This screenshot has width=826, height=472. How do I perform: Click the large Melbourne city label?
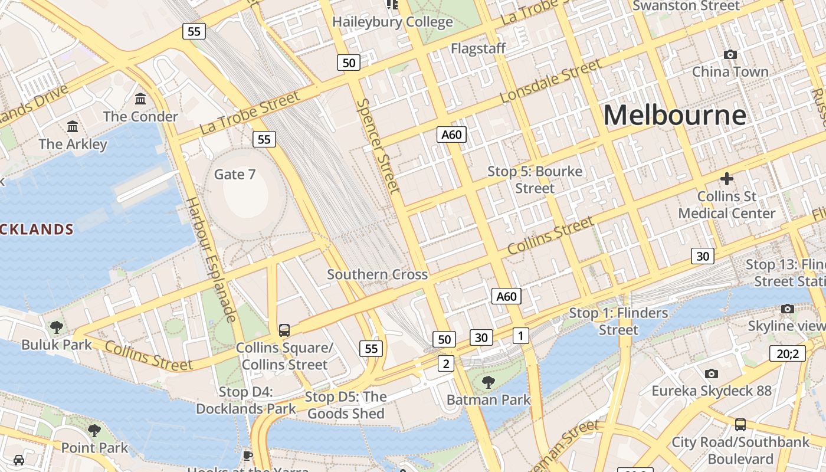(674, 114)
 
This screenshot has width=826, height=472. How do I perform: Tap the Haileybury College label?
(392, 22)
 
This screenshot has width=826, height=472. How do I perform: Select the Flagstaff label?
(478, 48)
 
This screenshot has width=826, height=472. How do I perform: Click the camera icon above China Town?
(730, 55)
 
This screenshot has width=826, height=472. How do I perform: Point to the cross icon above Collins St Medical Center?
(727, 178)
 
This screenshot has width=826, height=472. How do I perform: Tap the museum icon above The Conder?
(140, 99)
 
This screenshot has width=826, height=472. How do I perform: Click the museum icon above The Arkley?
(73, 126)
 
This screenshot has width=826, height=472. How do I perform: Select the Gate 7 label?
(235, 174)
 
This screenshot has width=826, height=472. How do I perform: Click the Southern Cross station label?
(378, 274)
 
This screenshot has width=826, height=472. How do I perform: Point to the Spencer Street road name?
(379, 145)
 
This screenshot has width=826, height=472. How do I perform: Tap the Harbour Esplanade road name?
(211, 260)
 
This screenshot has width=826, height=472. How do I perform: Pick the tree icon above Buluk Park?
(57, 327)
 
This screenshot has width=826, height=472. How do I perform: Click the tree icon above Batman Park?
(488, 382)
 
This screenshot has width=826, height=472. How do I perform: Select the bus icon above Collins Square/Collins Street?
(284, 330)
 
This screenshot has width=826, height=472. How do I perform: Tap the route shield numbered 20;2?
(788, 353)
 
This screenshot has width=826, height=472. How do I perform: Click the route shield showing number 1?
(520, 336)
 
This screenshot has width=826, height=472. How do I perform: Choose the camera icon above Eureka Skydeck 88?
(712, 373)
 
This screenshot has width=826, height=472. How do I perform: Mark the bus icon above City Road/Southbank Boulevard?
(740, 425)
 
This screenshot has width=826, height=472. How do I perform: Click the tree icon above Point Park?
(94, 431)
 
